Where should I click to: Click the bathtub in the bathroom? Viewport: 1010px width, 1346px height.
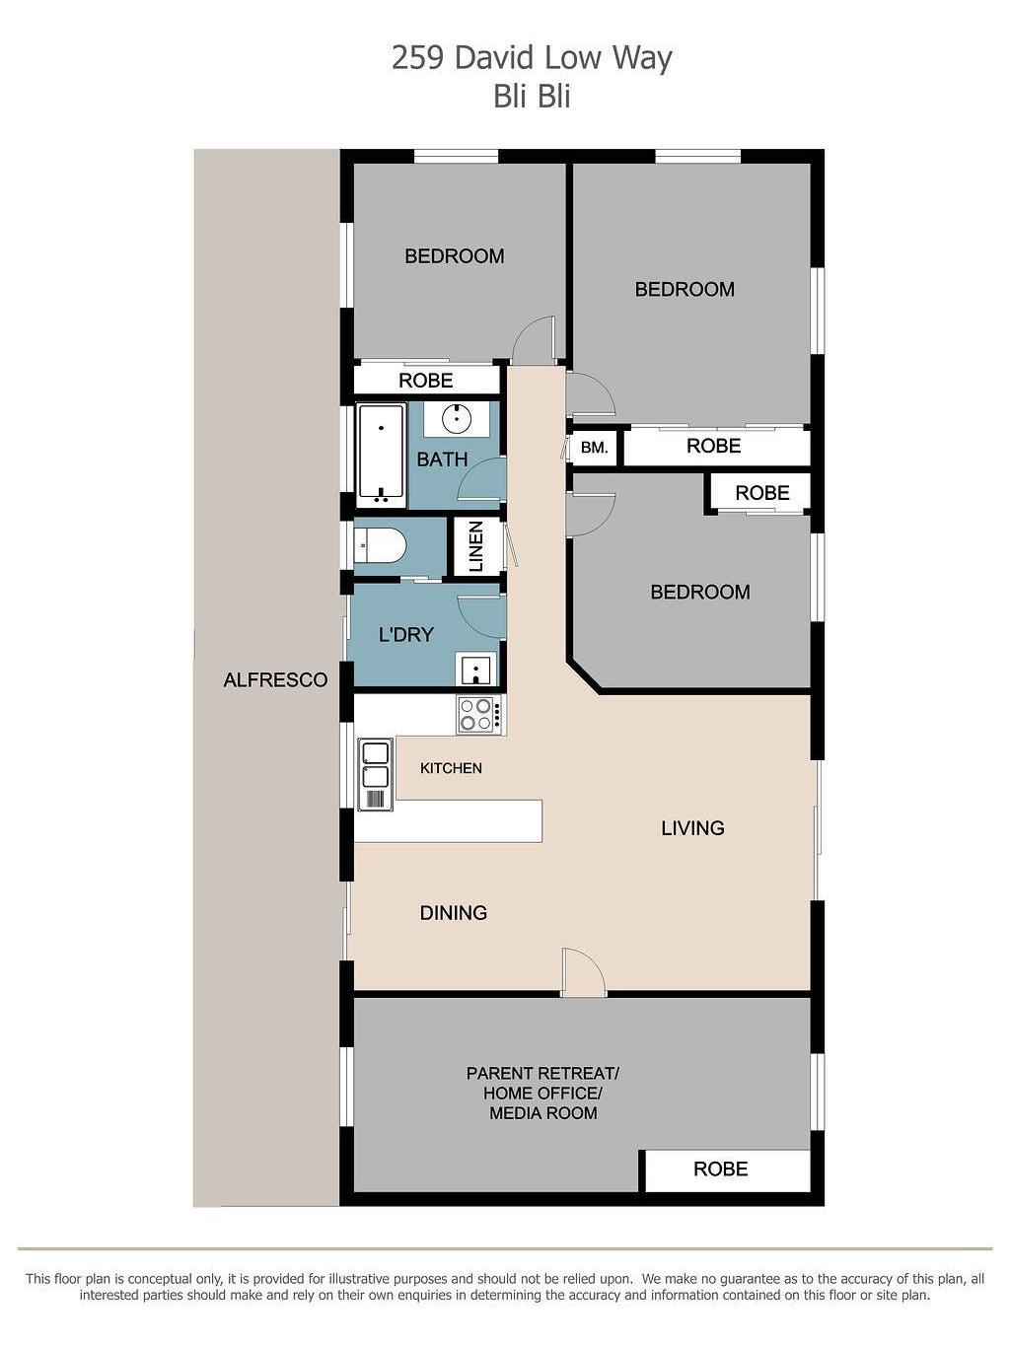click(381, 455)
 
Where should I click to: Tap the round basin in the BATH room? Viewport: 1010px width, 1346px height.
click(457, 418)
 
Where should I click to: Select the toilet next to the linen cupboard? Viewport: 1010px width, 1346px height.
click(380, 545)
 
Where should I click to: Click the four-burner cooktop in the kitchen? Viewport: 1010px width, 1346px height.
click(479, 714)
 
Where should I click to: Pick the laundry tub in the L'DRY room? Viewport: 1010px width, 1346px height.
click(475, 669)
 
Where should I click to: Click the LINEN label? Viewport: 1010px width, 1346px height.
click(476, 546)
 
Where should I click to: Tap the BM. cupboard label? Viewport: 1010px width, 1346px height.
click(594, 447)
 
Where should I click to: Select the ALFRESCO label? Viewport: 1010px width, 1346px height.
click(275, 679)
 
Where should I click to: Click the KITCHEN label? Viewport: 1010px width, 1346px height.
click(451, 768)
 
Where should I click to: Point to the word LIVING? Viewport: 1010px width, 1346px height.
click(692, 828)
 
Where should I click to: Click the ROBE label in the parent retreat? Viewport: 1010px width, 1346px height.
click(720, 1169)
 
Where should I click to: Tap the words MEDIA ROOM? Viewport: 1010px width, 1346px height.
click(542, 1112)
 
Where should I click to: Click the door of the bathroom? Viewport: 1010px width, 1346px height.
click(482, 479)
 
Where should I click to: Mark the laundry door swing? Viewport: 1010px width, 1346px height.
click(482, 617)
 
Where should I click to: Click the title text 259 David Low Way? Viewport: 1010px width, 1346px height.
click(532, 60)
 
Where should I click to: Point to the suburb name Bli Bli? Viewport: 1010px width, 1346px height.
click(532, 97)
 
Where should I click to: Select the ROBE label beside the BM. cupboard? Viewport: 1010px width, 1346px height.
click(713, 446)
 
